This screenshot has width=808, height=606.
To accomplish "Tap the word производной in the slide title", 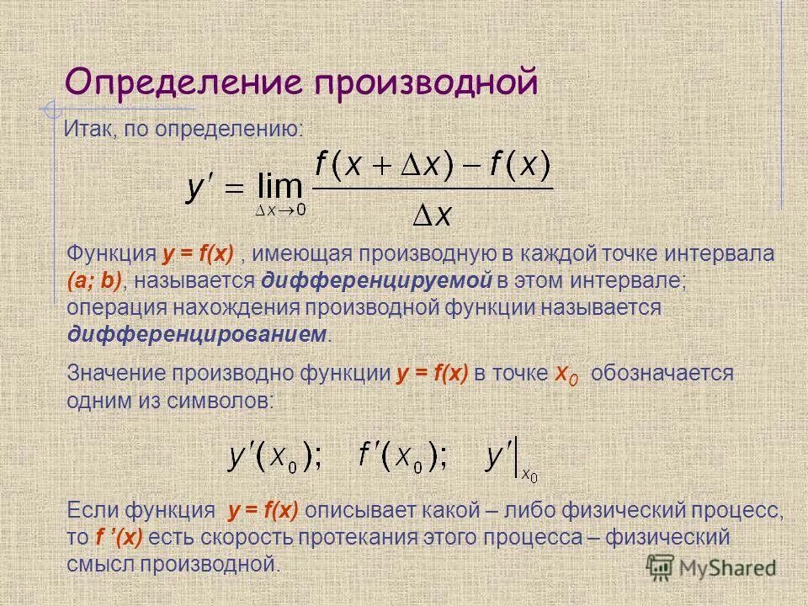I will click(x=426, y=82).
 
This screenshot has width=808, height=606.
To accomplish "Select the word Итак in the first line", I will click(x=88, y=130).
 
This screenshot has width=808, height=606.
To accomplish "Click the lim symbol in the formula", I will click(x=279, y=184).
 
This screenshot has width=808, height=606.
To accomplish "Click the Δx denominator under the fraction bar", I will click(x=433, y=216).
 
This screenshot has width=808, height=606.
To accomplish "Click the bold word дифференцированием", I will click(x=196, y=333).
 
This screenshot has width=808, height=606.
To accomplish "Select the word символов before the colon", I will click(x=228, y=401).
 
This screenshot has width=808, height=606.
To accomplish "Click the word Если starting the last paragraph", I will click(x=93, y=510).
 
